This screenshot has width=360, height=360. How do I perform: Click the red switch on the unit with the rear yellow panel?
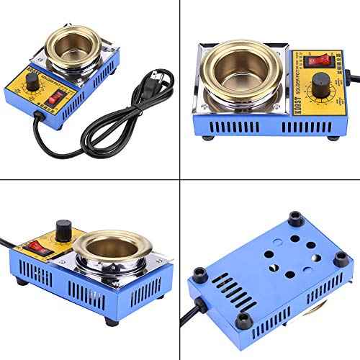(34, 249)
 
